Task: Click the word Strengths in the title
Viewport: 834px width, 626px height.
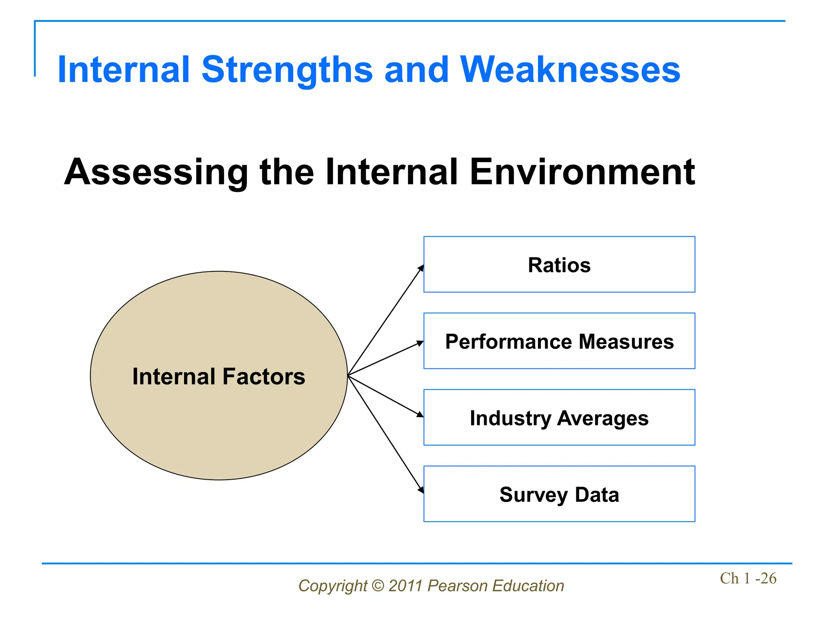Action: [x=287, y=70]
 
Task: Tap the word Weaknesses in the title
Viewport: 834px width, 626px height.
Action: [x=570, y=70]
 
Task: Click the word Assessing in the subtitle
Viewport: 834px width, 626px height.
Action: [x=156, y=172]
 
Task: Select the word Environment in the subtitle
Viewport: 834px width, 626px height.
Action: [x=582, y=172]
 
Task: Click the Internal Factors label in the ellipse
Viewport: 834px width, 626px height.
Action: [x=219, y=376]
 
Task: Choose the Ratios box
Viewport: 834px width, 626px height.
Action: [x=559, y=265]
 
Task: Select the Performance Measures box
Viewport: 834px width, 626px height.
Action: [x=559, y=341]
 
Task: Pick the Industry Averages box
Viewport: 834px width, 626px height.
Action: [x=559, y=418]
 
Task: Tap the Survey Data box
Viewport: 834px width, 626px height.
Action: [x=559, y=494]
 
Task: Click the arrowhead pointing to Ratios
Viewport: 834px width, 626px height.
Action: [x=421, y=269]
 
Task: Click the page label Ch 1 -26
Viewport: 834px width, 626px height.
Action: [x=748, y=578]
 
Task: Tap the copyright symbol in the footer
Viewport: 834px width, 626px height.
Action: [x=378, y=586]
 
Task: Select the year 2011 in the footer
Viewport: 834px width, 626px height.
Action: [x=406, y=586]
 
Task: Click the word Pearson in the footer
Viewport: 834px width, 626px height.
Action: [x=457, y=586]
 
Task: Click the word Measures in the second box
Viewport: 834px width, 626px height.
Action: [x=626, y=342]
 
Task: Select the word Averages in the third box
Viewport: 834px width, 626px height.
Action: [x=603, y=418]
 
